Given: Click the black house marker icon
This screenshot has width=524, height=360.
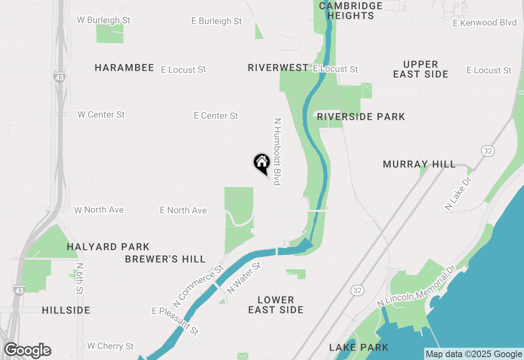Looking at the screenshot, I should (x=262, y=163).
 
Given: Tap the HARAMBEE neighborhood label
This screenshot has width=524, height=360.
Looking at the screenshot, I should (x=124, y=68).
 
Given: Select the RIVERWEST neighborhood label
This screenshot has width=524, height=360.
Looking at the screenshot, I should (x=278, y=68).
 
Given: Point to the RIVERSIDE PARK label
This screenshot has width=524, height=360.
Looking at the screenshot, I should (x=361, y=117).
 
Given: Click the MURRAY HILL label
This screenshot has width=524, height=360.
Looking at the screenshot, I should (x=419, y=164).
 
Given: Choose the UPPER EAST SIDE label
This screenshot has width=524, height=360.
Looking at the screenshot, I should (x=420, y=70).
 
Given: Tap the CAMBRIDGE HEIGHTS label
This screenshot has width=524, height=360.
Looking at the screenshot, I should (x=350, y=11).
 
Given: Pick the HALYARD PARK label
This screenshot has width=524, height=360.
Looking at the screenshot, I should (x=108, y=247).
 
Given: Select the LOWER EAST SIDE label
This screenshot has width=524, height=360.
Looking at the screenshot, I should (x=276, y=305).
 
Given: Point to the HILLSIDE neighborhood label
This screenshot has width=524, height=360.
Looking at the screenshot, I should (x=66, y=310).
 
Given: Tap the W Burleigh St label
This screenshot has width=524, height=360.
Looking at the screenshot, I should (x=104, y=20).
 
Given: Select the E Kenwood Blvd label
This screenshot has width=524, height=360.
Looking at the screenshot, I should (x=485, y=23).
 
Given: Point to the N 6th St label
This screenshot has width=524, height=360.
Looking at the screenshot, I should (x=79, y=278).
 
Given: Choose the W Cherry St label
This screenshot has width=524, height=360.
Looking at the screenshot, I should (x=111, y=346).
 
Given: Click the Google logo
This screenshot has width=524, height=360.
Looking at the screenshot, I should (x=27, y=351).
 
